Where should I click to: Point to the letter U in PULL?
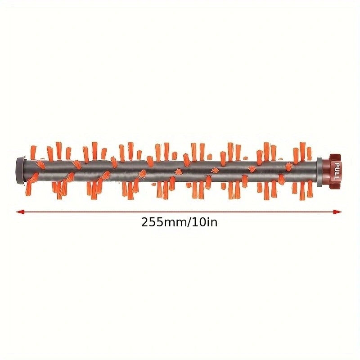[336, 170]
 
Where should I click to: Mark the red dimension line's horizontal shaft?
[180, 211]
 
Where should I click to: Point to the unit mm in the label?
[174, 222]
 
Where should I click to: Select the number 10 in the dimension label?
[198, 222]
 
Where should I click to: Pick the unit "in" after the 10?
[211, 222]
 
